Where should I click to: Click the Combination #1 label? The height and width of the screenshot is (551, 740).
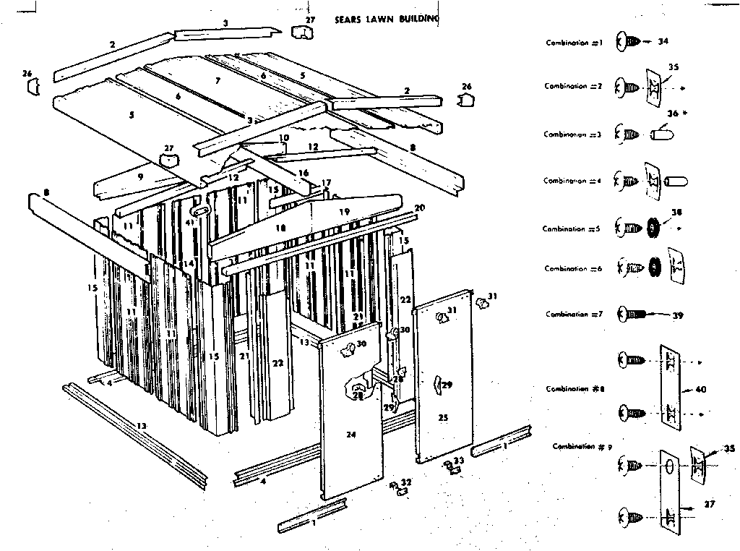[575, 43]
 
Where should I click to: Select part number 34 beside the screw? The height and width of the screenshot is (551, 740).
[663, 41]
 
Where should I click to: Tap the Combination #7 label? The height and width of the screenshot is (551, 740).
[574, 315]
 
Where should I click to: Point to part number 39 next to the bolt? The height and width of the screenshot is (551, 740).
[677, 315]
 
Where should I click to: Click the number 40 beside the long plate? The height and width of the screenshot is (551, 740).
[700, 389]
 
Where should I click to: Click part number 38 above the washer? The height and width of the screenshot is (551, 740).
[676, 213]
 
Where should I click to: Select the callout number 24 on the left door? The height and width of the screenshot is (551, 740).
[351, 435]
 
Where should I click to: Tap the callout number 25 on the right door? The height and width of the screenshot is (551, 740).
[443, 417]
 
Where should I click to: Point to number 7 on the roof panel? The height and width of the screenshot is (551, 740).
[216, 80]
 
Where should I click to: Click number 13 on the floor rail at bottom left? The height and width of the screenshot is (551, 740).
[141, 427]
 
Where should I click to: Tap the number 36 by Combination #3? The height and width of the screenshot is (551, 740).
[673, 114]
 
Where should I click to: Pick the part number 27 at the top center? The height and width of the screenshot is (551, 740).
[310, 20]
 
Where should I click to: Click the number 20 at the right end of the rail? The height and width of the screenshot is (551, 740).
[420, 208]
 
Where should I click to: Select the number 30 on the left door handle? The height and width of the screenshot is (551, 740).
[361, 344]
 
